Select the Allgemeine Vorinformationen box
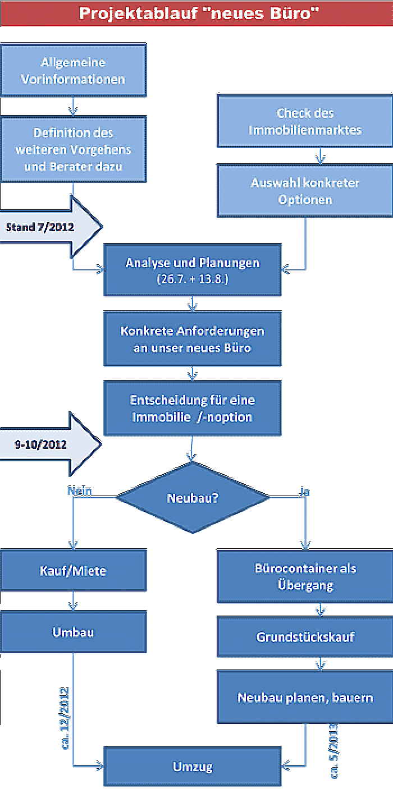coord(73,71)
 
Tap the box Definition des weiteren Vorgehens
coord(73,149)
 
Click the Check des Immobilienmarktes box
coord(305,121)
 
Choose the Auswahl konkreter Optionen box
coord(305,191)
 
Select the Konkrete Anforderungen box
coord(193,339)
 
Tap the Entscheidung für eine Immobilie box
coord(193,409)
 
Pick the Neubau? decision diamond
coord(193,498)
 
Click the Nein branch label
coord(79,491)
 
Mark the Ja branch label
coord(304,492)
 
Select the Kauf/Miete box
coord(73,571)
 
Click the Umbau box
coord(73,633)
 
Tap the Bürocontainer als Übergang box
coord(305,577)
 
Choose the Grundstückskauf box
coord(305,637)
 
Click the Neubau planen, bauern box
coord(305,698)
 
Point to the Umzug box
coord(193,767)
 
